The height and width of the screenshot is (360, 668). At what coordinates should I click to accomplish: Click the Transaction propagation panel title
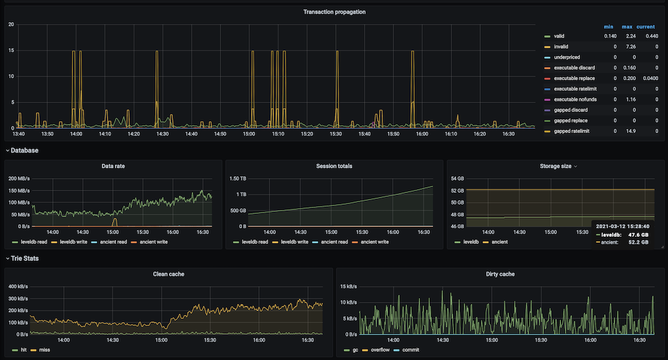334,12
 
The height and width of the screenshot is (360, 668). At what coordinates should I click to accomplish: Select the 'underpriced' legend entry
566,57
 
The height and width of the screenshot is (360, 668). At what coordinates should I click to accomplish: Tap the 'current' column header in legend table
646,26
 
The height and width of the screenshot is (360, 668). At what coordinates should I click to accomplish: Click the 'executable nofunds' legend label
575,100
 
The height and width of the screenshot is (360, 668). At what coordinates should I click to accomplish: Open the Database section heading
24,151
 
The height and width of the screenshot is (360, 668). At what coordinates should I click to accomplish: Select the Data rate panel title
114,166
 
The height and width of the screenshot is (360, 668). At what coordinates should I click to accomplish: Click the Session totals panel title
333,166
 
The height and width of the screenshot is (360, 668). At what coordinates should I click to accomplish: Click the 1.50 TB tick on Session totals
236,179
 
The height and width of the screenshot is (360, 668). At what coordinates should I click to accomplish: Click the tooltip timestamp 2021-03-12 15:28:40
623,226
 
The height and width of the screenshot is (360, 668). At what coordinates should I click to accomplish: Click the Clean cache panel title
168,274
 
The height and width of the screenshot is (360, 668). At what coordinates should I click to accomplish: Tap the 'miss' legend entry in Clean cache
44,350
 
